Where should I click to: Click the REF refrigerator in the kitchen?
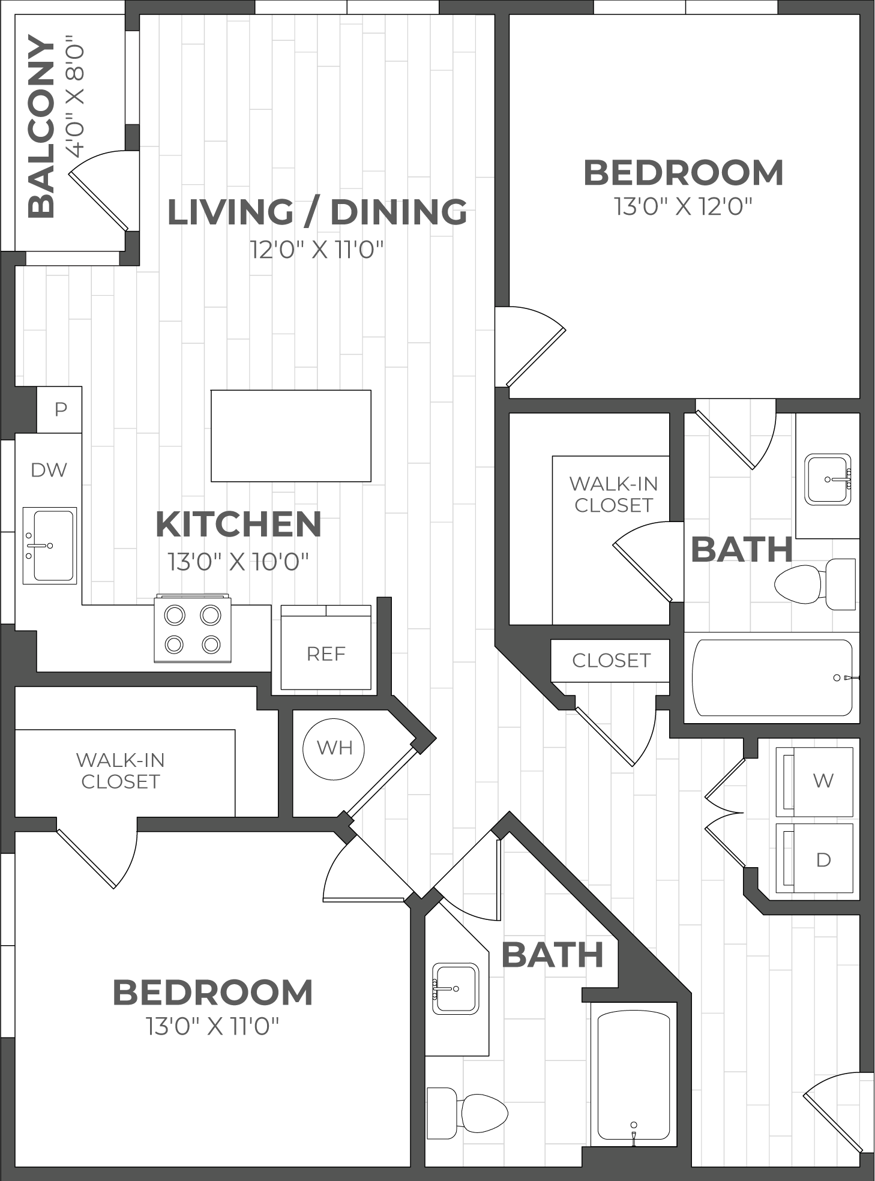pyautogui.click(x=326, y=648)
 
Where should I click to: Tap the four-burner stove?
pyautogui.click(x=193, y=628)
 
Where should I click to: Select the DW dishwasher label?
pyautogui.click(x=49, y=470)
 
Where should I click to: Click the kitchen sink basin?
pyautogui.click(x=50, y=545)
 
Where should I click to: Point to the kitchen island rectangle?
pyautogui.click(x=291, y=436)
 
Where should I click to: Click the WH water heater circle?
pyautogui.click(x=334, y=748)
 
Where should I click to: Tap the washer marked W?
pyautogui.click(x=814, y=781)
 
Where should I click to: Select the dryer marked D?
pyautogui.click(x=814, y=858)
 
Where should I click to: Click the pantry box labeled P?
pyautogui.click(x=59, y=409)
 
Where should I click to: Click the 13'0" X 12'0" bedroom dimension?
pyautogui.click(x=683, y=206)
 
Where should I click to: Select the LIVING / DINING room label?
pyautogui.click(x=317, y=212)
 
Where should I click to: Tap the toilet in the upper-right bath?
pyautogui.click(x=815, y=584)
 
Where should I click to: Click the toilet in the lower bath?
pyautogui.click(x=467, y=1113)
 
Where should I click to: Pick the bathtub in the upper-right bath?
pyautogui.click(x=772, y=678)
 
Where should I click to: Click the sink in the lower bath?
pyautogui.click(x=456, y=988)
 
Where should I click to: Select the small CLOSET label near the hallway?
pyautogui.click(x=611, y=660)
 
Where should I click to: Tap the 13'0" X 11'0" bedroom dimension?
pyautogui.click(x=212, y=1026)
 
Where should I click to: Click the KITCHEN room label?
pyautogui.click(x=238, y=524)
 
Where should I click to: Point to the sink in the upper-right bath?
pyautogui.click(x=828, y=479)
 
